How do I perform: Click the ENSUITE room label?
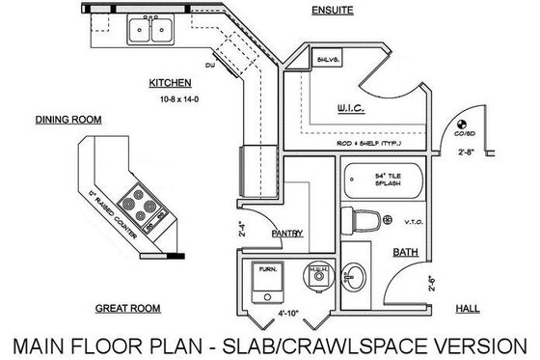coord(332,11)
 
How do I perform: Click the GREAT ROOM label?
coord(126,309)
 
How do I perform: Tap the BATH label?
coord(405,252)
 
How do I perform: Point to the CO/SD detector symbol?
coord(461,124)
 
